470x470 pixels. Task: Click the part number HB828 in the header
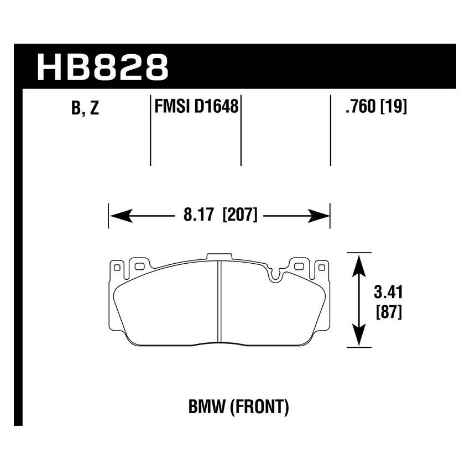pos(102,67)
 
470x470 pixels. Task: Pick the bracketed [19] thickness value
pos(394,107)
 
